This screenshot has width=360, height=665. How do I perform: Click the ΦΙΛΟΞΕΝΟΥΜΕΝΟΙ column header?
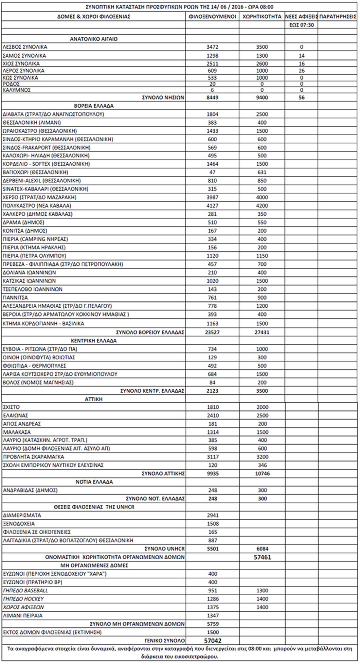[x=212, y=16]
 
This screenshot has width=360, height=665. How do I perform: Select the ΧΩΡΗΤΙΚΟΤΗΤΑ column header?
[x=262, y=16]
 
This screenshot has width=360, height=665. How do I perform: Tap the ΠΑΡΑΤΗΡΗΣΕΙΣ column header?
[x=337, y=16]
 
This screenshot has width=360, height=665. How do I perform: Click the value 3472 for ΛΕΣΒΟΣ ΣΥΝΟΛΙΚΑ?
[x=212, y=47]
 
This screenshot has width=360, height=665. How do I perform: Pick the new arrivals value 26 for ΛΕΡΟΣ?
[x=301, y=71]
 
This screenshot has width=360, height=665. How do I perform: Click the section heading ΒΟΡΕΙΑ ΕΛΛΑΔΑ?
[x=94, y=106]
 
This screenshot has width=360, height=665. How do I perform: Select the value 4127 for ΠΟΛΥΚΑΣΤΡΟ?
[x=212, y=206]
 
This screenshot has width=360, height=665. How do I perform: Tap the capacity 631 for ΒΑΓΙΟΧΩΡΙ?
[x=262, y=172]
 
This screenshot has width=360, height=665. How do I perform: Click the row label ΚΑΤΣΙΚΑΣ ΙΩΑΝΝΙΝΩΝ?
[x=29, y=281]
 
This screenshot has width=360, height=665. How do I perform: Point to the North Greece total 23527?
[x=212, y=332]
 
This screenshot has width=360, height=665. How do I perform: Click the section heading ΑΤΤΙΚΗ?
[x=94, y=399]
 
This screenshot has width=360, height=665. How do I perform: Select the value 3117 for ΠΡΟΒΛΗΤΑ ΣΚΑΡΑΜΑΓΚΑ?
[x=212, y=457]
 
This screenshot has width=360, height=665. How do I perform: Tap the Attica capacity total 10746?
[x=262, y=474]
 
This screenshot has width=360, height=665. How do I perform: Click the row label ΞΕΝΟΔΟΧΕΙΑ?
[x=19, y=524]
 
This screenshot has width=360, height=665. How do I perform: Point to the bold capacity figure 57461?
[x=262, y=557]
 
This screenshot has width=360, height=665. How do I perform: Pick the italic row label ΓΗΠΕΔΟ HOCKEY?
[x=23, y=599]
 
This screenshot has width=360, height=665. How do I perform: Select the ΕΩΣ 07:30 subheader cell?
[x=301, y=25]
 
